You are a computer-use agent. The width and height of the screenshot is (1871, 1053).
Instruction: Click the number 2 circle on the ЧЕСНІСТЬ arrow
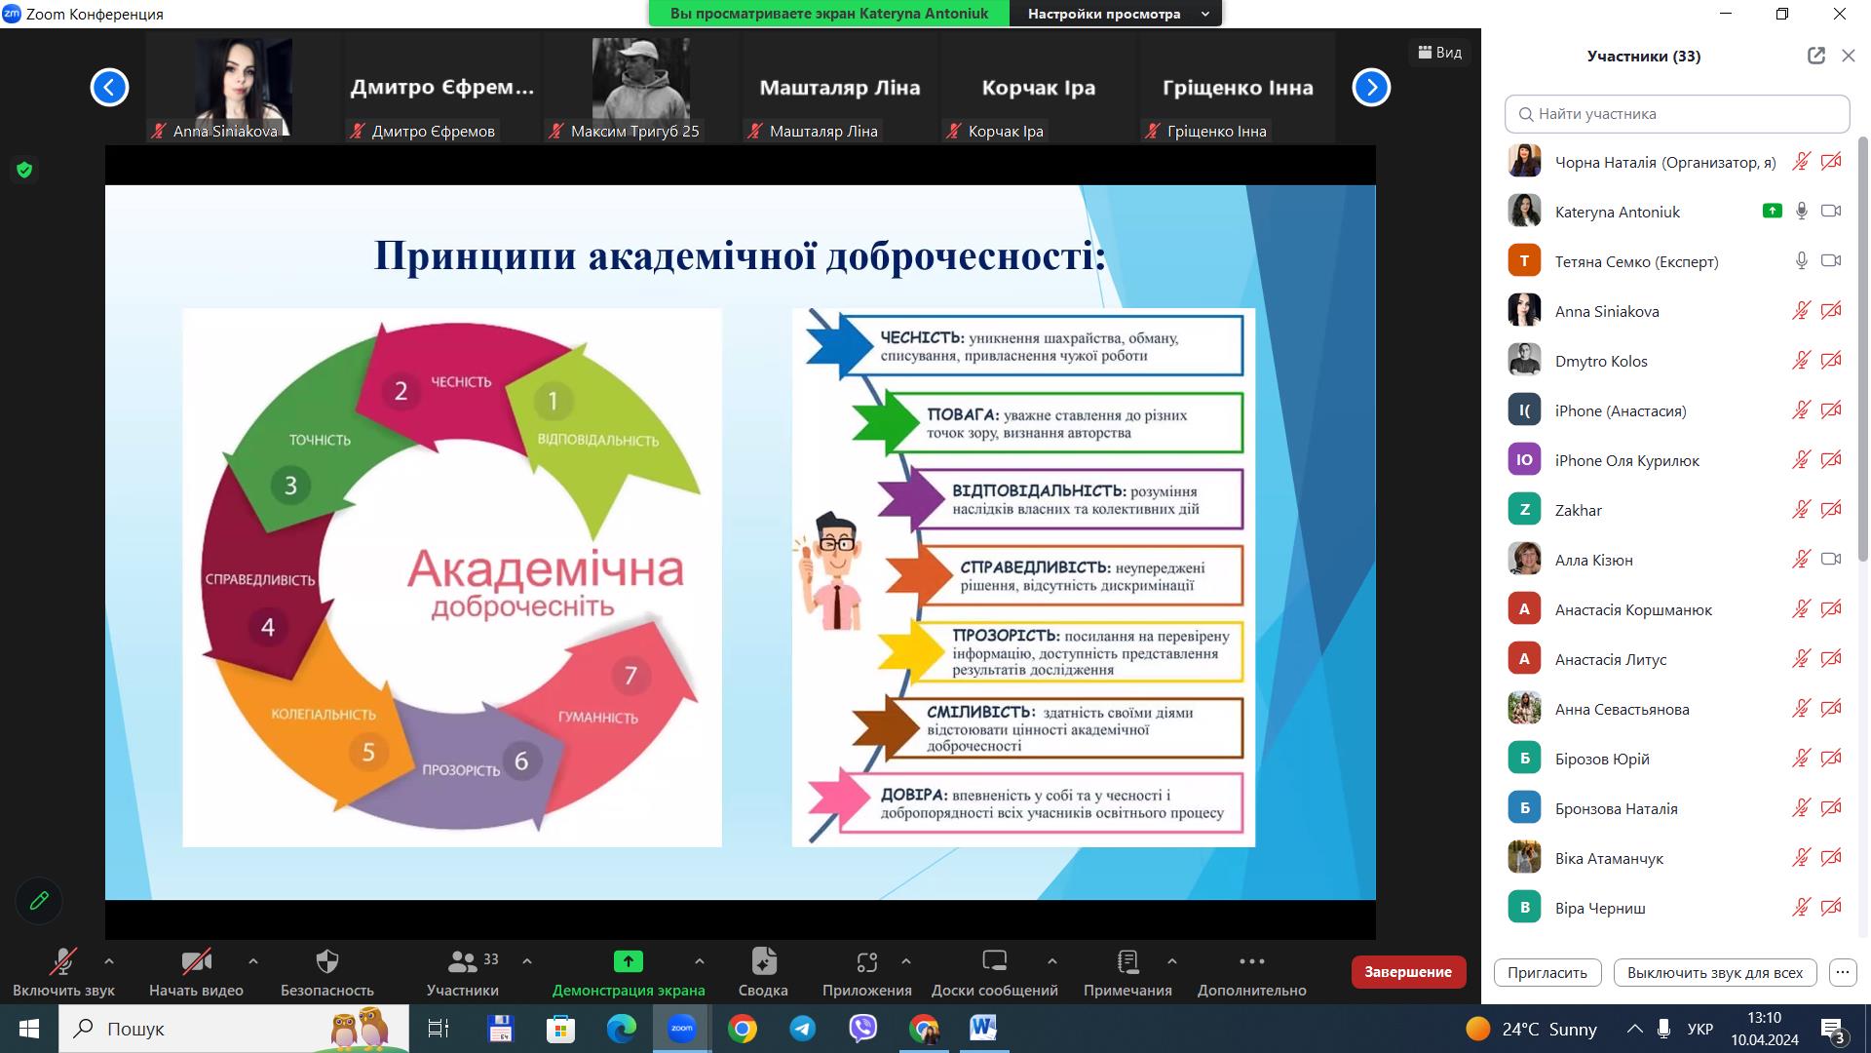(x=401, y=391)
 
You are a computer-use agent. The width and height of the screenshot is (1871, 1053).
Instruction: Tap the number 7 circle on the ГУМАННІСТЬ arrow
(x=630, y=676)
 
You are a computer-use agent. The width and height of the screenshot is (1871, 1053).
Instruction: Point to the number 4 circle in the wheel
(x=268, y=627)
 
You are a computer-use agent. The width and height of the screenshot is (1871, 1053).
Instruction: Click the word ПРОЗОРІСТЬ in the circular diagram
(x=461, y=770)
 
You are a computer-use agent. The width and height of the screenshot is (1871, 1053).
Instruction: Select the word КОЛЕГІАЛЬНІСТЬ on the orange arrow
(x=324, y=715)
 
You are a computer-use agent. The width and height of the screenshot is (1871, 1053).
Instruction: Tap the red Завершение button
(x=1408, y=972)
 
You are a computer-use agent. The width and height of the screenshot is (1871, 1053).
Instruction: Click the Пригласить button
(x=1547, y=972)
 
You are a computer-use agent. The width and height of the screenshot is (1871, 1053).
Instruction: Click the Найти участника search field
(x=1677, y=114)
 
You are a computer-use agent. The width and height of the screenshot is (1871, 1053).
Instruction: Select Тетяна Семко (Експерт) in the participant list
(x=1636, y=261)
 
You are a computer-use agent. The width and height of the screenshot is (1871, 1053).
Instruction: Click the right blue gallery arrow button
(x=1371, y=88)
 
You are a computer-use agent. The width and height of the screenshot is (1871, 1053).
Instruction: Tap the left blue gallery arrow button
(x=109, y=88)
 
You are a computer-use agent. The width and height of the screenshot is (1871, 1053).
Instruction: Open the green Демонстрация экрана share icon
(x=628, y=961)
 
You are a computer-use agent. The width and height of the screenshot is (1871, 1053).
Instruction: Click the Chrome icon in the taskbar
(x=743, y=1029)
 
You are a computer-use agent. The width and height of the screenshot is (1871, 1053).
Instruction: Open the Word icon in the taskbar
(x=983, y=1029)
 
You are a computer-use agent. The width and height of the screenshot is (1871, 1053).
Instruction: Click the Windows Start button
(x=29, y=1029)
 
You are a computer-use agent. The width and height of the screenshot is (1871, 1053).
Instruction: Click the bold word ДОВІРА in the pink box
(x=914, y=795)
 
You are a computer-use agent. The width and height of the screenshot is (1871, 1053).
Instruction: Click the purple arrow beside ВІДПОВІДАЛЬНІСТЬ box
(x=911, y=498)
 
